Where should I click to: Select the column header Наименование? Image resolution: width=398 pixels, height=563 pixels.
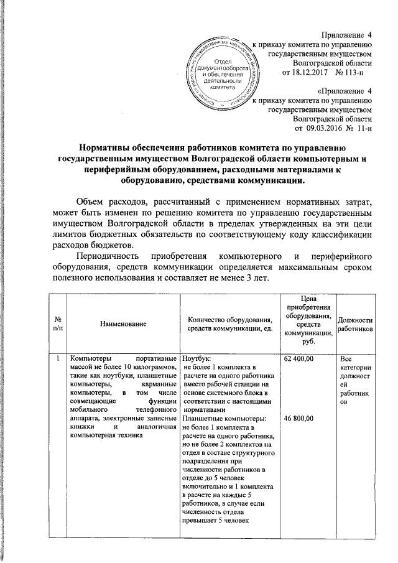coord(122,324)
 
